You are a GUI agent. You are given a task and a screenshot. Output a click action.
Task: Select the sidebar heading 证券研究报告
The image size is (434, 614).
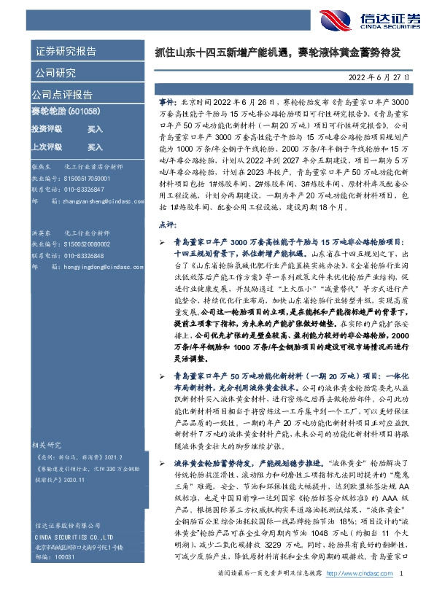pyautogui.click(x=65, y=52)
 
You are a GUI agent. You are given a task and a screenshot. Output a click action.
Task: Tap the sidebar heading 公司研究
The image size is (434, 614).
pyautogui.click(x=55, y=73)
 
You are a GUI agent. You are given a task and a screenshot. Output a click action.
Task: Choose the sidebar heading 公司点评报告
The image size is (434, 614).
pyautogui.click(x=62, y=94)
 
